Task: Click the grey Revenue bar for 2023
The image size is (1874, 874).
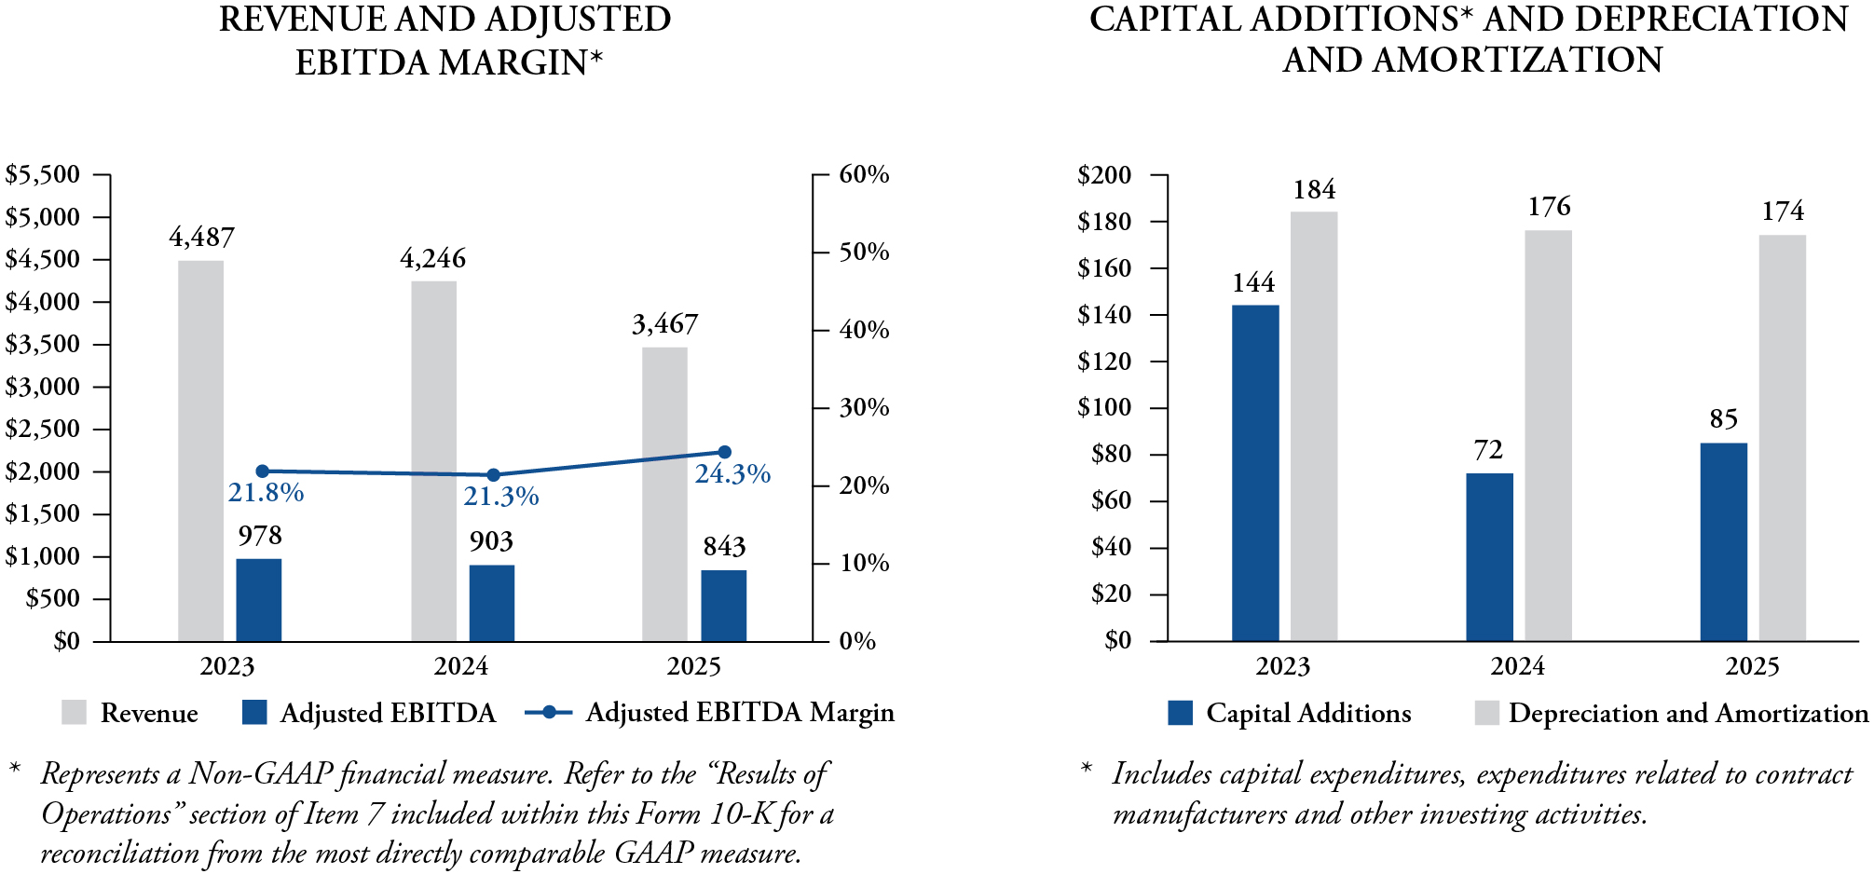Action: [200, 451]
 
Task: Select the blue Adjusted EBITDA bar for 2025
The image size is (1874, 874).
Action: [723, 606]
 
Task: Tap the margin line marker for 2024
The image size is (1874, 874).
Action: [494, 475]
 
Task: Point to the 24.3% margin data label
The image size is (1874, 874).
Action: [732, 474]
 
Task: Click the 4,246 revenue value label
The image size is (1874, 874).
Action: [432, 258]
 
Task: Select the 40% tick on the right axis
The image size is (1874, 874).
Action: [864, 330]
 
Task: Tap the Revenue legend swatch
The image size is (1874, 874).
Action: [75, 713]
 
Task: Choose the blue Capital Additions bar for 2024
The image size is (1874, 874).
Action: [1489, 557]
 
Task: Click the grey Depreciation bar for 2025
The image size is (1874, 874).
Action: [1782, 438]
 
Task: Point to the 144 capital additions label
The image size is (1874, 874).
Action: [1253, 283]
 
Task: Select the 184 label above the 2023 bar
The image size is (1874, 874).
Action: [1314, 190]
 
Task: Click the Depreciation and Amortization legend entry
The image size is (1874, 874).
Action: [1672, 714]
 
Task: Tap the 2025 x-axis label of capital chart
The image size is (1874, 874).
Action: [1752, 667]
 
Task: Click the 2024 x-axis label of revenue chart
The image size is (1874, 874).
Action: [460, 667]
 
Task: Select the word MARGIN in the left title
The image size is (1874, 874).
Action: [521, 62]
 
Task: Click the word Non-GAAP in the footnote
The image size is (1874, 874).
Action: [260, 774]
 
